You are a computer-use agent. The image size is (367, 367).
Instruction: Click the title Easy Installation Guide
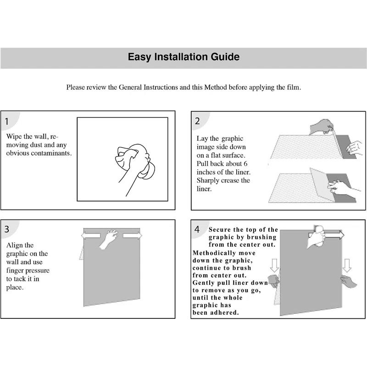point(183,57)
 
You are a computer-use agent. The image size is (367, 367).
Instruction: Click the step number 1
point(8,122)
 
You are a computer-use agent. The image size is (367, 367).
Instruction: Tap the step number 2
point(197,122)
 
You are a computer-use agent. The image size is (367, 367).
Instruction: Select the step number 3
point(8,228)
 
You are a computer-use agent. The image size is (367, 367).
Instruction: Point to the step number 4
point(197,229)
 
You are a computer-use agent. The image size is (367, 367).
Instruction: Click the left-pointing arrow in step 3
point(90,235)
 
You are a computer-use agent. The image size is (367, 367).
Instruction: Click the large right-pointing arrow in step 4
point(334,235)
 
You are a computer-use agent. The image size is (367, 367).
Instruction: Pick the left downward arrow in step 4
point(274,265)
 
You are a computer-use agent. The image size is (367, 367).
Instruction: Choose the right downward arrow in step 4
point(347,265)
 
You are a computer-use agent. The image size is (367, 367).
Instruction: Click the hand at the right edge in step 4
point(348,281)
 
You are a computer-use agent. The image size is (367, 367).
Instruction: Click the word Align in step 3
point(14,245)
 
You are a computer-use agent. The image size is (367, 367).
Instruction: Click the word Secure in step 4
point(220,229)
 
